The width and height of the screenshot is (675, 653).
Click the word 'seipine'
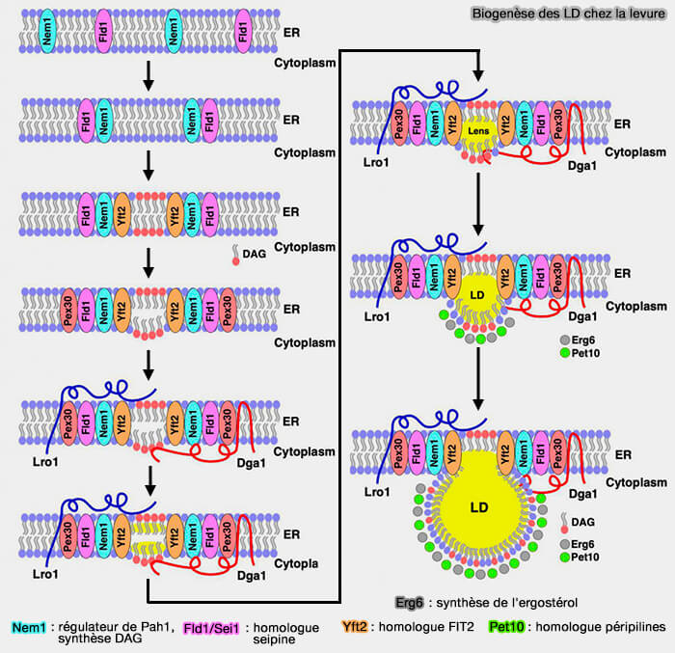(279, 639)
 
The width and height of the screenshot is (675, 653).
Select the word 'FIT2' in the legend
(466, 627)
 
